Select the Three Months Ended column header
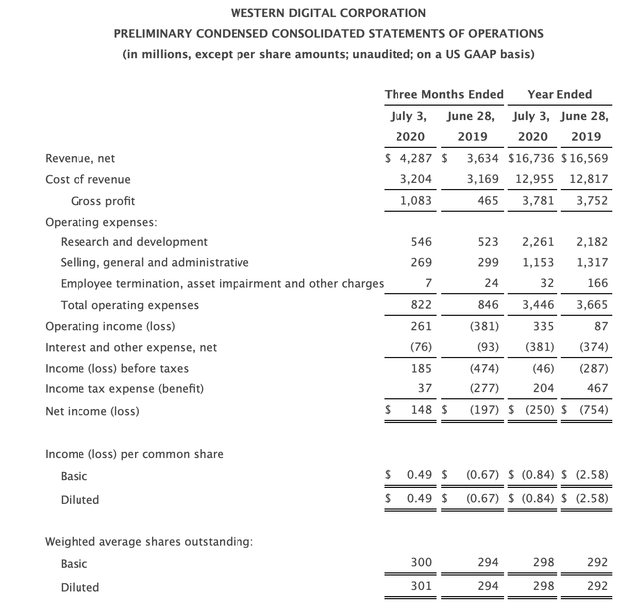pyautogui.click(x=443, y=94)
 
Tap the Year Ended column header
pyautogui.click(x=559, y=94)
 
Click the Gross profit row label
pyautogui.click(x=102, y=201)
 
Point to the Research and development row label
pyautogui.click(x=134, y=242)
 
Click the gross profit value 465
pyautogui.click(x=487, y=201)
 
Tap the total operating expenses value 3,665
pyautogui.click(x=591, y=305)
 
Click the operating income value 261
pyautogui.click(x=421, y=326)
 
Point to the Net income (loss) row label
pyautogui.click(x=92, y=410)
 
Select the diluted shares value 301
pyautogui.click(x=421, y=586)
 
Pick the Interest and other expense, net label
pyautogui.click(x=131, y=348)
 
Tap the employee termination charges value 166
pyautogui.click(x=596, y=284)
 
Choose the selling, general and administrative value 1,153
pyautogui.click(x=538, y=263)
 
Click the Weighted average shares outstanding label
pyautogui.click(x=149, y=541)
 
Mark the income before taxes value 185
pyautogui.click(x=421, y=368)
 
